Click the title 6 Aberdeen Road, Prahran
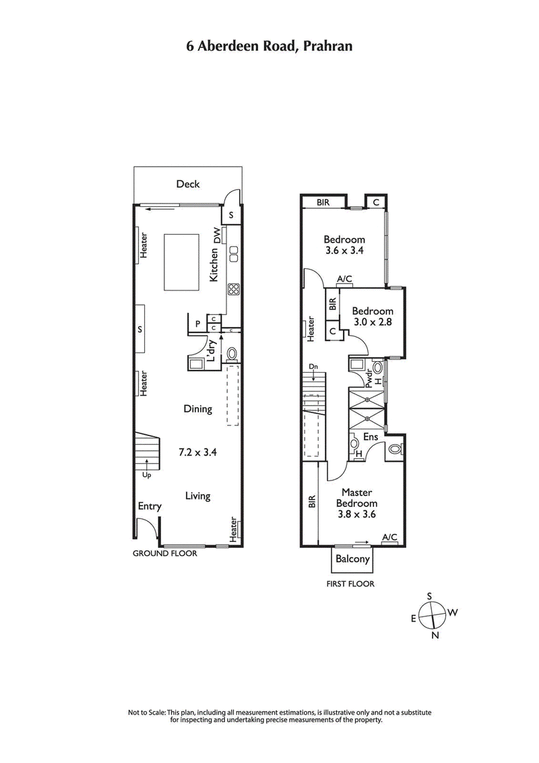coord(269,46)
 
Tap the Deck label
coord(188,184)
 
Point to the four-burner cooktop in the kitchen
coord(234,288)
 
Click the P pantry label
coord(198,324)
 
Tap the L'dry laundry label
coord(211,351)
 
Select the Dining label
coord(198,408)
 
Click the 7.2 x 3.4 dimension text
coord(198,452)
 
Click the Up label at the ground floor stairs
coord(146,475)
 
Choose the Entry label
coord(150,506)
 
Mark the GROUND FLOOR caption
coord(164,553)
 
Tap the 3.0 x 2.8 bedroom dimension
coord(373,322)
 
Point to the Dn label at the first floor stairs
coord(313,367)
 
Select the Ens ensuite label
coord(370,437)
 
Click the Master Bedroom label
coord(358,498)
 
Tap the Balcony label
coord(352,559)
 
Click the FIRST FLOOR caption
coord(351,584)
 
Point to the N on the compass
coord(435,635)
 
